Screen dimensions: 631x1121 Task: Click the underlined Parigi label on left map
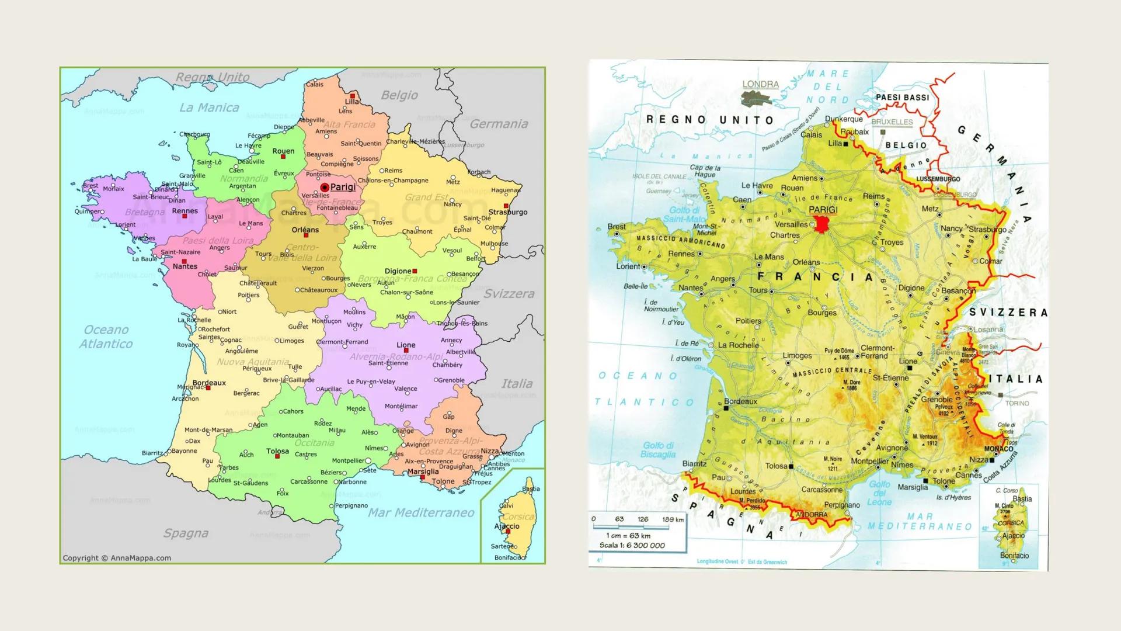tap(343, 187)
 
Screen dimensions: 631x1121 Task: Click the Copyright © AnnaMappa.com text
tap(117, 558)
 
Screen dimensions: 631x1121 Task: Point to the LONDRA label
tap(760, 84)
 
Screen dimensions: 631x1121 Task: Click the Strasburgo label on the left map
tap(508, 212)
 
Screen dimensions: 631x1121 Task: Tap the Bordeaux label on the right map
tap(740, 401)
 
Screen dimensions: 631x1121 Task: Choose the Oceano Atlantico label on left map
tap(106, 337)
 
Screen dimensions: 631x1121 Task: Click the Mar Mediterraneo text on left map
tap(420, 513)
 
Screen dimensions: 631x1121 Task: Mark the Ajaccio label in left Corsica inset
tap(507, 526)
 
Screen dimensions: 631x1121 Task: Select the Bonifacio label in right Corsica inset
tap(1014, 556)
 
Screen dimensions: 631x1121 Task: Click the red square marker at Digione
tap(415, 271)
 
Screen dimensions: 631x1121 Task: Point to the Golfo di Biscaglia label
tap(658, 450)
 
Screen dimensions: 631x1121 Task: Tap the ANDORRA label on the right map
tap(812, 515)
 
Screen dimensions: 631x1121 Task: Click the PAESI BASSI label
tap(902, 98)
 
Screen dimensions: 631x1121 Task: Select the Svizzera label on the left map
tap(509, 294)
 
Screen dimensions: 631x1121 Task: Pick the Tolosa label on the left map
tap(277, 451)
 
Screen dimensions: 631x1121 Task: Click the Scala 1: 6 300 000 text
tap(632, 546)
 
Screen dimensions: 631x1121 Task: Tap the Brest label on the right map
tap(616, 227)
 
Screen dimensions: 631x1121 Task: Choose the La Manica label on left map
tap(209, 108)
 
